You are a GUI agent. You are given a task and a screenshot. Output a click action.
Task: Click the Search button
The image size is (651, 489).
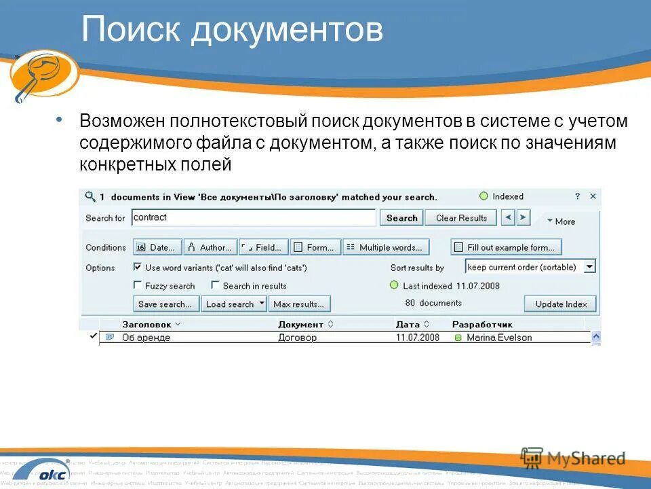tap(401, 218)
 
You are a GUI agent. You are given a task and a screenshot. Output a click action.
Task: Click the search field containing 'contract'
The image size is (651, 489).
tap(253, 218)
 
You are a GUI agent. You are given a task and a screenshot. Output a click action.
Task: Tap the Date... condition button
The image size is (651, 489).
tap(158, 247)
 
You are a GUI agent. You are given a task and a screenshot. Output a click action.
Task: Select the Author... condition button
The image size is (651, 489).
tap(210, 247)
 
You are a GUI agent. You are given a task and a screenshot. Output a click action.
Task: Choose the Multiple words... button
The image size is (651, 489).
tap(386, 247)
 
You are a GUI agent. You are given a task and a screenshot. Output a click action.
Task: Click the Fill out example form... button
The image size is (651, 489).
tap(506, 247)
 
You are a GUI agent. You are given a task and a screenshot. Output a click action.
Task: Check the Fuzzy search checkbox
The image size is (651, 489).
tap(138, 286)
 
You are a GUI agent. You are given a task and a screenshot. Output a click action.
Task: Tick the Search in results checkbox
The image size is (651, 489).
tap(216, 286)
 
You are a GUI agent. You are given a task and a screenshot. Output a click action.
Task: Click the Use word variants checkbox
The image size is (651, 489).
tap(138, 268)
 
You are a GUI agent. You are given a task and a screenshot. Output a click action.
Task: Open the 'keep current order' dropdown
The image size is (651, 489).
tap(589, 267)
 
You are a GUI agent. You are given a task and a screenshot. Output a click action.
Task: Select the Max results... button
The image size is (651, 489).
tap(299, 304)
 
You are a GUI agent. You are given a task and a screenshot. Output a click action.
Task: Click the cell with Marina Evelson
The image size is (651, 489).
tap(498, 338)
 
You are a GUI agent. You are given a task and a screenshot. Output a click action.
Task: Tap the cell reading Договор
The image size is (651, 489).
tap(297, 338)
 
